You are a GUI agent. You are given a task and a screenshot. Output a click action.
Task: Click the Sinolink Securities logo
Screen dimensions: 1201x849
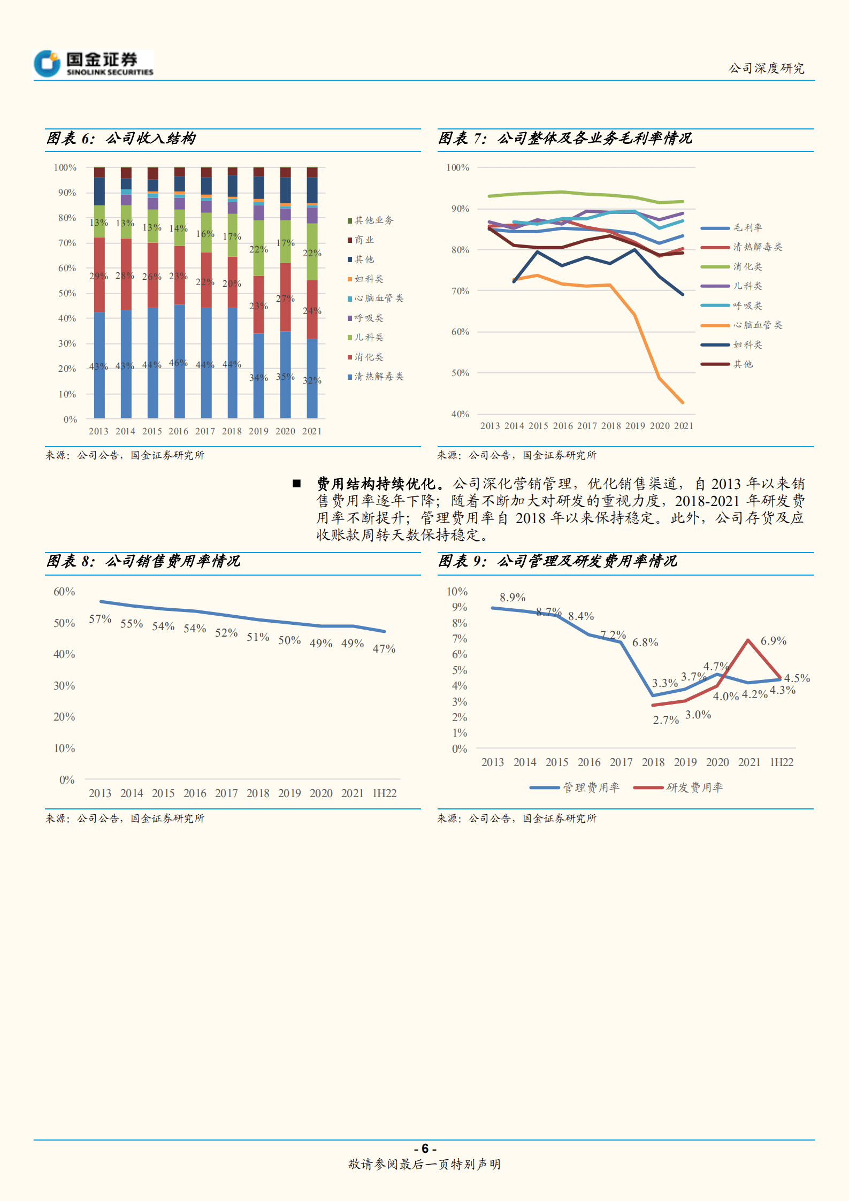[x=94, y=64]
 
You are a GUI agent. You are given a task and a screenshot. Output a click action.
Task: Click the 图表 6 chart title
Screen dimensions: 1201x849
[x=121, y=139]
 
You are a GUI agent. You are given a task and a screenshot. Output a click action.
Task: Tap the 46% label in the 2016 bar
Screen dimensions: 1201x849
[x=178, y=363]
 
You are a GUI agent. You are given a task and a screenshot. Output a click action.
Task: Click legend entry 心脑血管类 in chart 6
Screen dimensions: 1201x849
[x=378, y=299]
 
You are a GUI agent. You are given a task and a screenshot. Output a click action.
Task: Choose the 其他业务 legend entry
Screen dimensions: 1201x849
[x=373, y=220]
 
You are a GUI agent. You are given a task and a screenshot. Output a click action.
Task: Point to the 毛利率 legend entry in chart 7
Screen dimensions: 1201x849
[x=747, y=228]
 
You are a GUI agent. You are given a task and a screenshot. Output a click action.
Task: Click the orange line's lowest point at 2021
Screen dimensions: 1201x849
[x=683, y=402]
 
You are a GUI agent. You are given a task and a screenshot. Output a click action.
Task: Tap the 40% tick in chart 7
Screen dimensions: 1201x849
[x=460, y=414]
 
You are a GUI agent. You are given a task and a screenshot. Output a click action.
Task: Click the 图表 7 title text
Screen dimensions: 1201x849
[x=565, y=139]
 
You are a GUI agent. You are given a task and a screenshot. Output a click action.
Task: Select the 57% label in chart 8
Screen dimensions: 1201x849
[x=100, y=619]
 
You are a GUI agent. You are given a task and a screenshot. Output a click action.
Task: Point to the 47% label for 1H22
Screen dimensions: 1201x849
[x=384, y=649]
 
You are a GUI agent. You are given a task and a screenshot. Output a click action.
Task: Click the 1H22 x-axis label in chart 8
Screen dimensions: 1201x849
[x=384, y=793]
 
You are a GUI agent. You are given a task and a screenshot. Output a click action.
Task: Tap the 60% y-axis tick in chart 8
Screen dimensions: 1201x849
[x=64, y=592]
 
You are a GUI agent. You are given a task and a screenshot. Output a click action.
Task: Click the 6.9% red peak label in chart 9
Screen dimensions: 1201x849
[x=773, y=641]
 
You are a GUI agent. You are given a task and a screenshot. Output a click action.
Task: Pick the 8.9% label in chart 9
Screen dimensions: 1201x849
[x=513, y=598]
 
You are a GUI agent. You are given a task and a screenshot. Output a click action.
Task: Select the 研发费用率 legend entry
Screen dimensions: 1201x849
[x=693, y=787]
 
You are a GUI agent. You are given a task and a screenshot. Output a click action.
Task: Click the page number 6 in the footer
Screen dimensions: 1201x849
[x=425, y=1149]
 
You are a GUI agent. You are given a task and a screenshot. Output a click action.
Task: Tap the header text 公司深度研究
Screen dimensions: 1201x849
[x=766, y=68]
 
